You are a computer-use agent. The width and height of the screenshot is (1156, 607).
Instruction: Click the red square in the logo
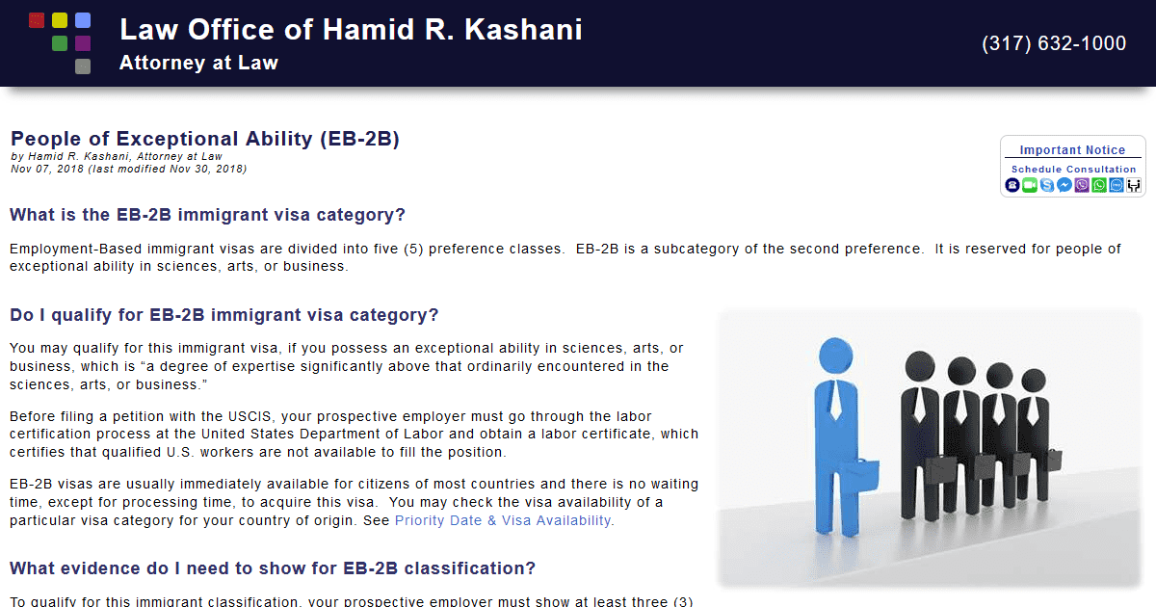click(x=37, y=20)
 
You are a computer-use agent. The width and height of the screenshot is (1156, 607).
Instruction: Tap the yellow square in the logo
click(x=60, y=20)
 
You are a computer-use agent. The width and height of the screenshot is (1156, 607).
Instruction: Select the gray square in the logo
click(x=83, y=66)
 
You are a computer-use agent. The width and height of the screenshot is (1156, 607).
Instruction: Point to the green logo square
click(x=60, y=43)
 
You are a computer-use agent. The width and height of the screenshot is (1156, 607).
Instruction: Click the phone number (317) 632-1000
click(x=1054, y=43)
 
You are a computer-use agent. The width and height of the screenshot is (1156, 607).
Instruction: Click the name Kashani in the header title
click(x=523, y=30)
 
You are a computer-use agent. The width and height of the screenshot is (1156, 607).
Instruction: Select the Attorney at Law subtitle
click(x=198, y=64)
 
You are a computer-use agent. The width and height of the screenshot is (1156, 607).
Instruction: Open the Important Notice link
click(x=1072, y=149)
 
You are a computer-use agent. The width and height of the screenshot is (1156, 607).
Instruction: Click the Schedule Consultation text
click(x=1073, y=169)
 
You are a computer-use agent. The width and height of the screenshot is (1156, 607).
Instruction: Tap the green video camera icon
click(x=1030, y=185)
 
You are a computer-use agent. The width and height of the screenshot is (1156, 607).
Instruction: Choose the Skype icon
click(x=1047, y=185)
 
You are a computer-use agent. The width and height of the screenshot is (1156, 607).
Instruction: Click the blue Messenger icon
click(x=1064, y=185)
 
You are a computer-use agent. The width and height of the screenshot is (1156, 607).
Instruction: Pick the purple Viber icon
click(x=1082, y=185)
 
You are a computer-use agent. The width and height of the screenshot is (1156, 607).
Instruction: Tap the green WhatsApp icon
click(x=1099, y=185)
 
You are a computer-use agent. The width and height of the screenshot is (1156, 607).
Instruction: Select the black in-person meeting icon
click(x=1134, y=185)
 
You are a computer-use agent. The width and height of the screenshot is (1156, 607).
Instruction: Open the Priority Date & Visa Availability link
click(x=503, y=520)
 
